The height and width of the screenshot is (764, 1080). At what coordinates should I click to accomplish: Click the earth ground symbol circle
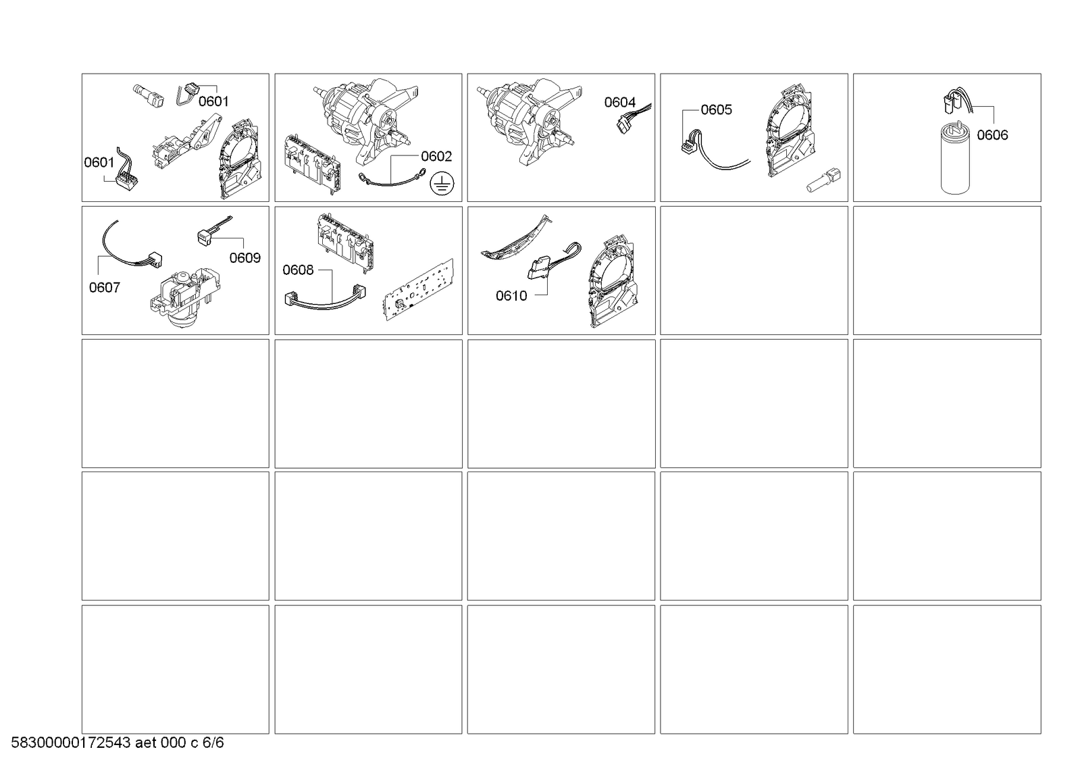[x=442, y=184]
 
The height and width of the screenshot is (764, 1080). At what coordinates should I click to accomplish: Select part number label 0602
[x=436, y=156]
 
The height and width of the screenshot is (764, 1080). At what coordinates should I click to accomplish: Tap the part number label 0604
[x=619, y=102]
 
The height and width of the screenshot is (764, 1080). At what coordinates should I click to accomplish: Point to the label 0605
[x=716, y=110]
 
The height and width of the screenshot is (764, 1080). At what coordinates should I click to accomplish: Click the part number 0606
[x=992, y=135]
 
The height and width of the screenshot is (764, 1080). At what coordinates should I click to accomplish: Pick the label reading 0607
[x=105, y=288]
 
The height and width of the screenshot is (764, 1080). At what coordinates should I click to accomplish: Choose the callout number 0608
[x=298, y=270]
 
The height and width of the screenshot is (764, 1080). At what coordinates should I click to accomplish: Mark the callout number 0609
[x=245, y=258]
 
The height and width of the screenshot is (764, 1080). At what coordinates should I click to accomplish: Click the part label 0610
[x=511, y=296]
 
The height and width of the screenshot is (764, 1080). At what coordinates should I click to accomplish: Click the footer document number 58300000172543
[x=71, y=742]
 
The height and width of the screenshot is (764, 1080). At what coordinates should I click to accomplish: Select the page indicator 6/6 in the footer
[x=213, y=742]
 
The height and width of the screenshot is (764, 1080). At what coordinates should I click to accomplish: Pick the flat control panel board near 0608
[x=419, y=289]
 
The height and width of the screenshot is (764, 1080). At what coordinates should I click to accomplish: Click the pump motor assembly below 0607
[x=186, y=299]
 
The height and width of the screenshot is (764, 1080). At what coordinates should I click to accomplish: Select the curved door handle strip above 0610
[x=516, y=240]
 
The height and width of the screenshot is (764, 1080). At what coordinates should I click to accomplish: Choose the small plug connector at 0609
[x=205, y=236]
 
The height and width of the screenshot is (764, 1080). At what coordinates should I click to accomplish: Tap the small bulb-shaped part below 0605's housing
[x=823, y=180]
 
